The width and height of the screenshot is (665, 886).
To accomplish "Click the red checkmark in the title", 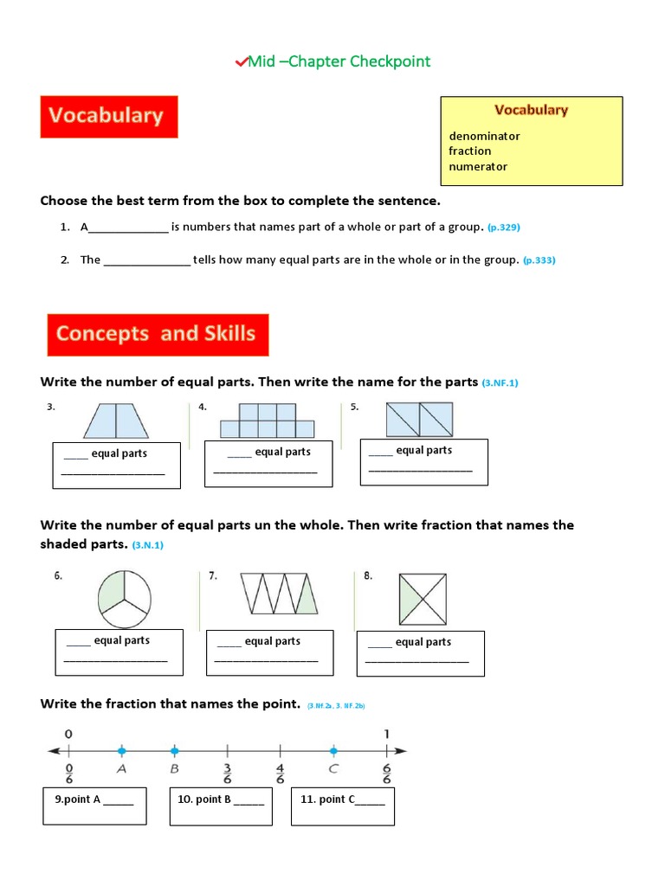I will (241, 61).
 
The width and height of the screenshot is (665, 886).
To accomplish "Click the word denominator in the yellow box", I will (484, 136).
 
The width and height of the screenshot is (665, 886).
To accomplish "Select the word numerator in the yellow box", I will (478, 166).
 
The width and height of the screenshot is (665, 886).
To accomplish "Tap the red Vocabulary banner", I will (108, 116).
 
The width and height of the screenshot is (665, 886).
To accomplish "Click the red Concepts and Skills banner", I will (158, 335).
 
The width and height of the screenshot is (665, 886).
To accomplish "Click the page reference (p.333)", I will (539, 260).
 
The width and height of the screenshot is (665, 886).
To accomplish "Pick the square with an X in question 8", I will (423, 599).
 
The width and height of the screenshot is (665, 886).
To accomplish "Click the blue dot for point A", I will (121, 750).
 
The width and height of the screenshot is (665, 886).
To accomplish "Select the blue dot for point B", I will (174, 750).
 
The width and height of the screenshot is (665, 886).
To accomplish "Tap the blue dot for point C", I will (333, 750).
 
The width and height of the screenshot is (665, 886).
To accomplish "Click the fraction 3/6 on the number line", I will (228, 772).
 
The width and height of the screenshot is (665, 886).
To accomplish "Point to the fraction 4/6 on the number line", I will (281, 772).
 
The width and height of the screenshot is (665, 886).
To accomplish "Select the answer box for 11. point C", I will (343, 806).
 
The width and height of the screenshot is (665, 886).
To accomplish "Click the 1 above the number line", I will (386, 734).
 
